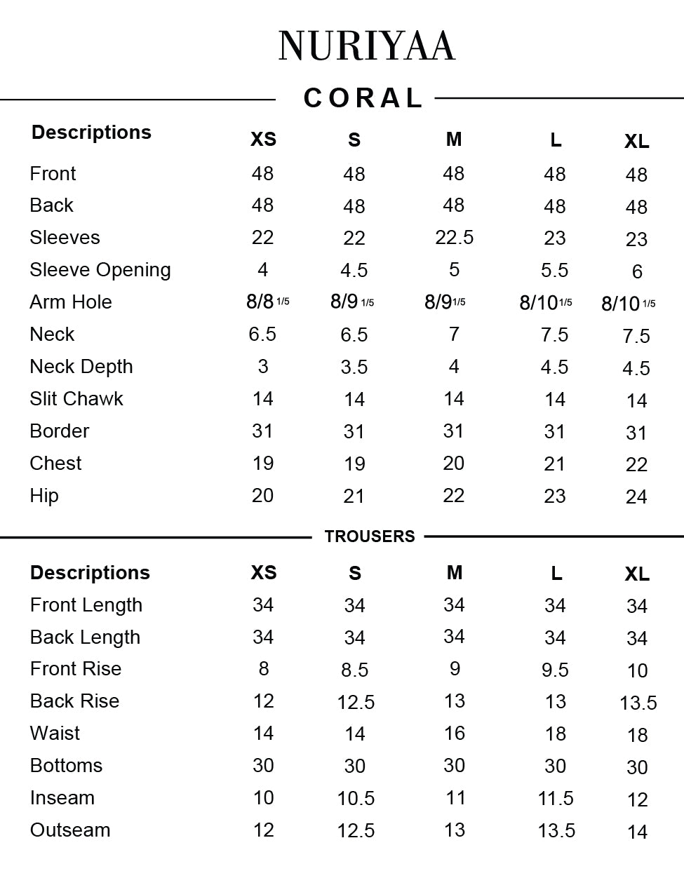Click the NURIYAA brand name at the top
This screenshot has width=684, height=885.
[367, 46]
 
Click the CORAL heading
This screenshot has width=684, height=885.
[363, 98]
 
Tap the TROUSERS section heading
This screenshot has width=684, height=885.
[370, 536]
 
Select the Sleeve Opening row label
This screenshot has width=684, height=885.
[100, 270]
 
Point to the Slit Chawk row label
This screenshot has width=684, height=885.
[76, 399]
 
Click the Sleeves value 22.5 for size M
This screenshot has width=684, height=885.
[454, 238]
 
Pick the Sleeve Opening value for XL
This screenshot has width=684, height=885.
[636, 271]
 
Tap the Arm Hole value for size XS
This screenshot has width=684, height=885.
[267, 302]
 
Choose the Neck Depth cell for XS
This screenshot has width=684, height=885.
[262, 367]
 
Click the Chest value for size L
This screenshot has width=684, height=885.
[554, 464]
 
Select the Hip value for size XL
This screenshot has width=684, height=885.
[636, 497]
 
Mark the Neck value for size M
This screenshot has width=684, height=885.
[454, 335]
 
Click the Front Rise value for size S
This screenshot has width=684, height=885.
[354, 670]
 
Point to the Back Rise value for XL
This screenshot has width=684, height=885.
[638, 703]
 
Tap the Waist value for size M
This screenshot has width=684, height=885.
[454, 734]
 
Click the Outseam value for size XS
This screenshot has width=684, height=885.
[263, 830]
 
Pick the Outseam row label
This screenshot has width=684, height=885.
[70, 830]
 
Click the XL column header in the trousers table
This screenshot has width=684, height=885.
[636, 574]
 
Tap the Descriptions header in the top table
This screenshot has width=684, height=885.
[91, 133]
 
